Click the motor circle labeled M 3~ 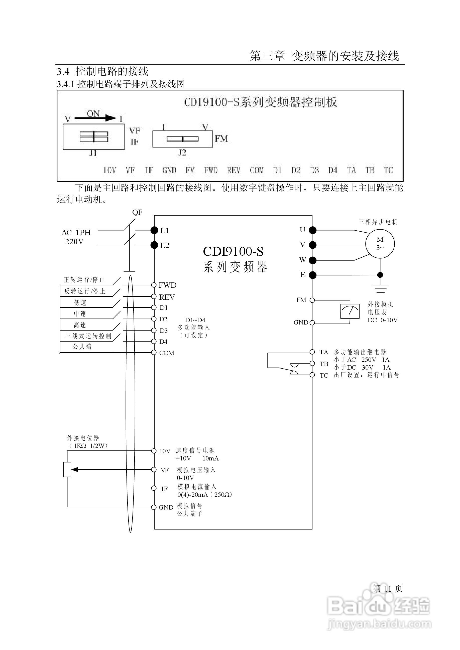(x=380, y=243)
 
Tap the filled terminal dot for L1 (x=154, y=230)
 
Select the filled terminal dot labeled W (x=312, y=260)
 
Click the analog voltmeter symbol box (x=350, y=311)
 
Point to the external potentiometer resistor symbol (x=67, y=469)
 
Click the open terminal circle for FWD (x=154, y=285)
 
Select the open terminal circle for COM (x=154, y=353)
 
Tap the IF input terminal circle (x=154, y=488)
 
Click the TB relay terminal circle (x=312, y=363)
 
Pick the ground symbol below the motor (x=380, y=288)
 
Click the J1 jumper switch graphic (x=93, y=137)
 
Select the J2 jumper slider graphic (x=182, y=139)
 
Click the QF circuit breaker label (x=137, y=212)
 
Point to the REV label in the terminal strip (x=234, y=170)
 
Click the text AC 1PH (x=76, y=233)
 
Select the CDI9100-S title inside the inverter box (x=233, y=251)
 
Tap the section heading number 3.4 (x=63, y=72)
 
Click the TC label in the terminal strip (x=388, y=170)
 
